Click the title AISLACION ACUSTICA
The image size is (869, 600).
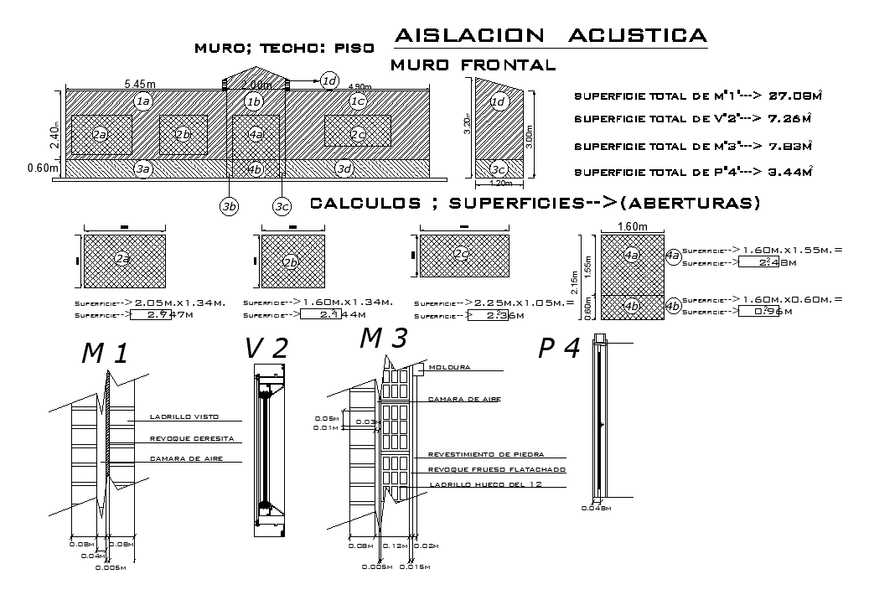550,35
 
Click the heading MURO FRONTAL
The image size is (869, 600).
473,65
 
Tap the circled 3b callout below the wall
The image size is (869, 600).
229,207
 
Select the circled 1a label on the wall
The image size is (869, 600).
142,101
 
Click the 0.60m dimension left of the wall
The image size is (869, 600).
43,168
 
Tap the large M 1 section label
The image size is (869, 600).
105,354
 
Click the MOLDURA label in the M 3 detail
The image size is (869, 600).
449,367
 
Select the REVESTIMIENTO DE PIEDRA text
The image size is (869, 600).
486,453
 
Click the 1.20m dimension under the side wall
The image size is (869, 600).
499,183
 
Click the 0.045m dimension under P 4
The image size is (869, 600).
597,508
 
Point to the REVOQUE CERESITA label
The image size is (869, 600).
190,438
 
